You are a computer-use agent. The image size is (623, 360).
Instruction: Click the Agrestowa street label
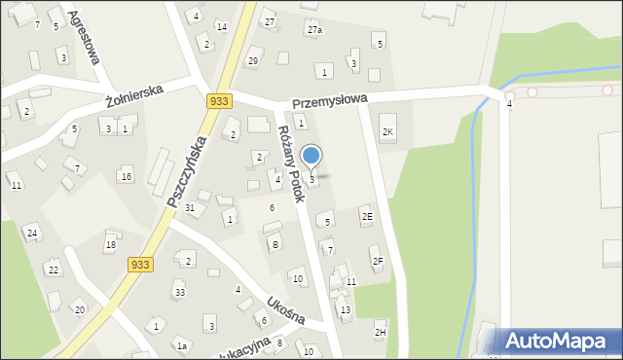(85, 38)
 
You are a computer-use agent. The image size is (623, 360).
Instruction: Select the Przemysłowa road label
(329, 99)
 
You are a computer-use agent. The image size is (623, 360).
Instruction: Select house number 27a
(314, 30)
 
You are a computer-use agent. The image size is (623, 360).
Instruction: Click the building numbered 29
(253, 61)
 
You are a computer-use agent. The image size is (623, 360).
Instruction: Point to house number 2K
(388, 131)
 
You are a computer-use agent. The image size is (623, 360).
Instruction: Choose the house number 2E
(367, 216)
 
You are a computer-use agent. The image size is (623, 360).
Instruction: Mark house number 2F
(378, 261)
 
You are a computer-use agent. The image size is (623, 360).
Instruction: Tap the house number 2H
(381, 332)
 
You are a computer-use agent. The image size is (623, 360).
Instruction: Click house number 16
(127, 176)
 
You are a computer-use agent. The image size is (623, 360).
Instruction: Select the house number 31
(191, 208)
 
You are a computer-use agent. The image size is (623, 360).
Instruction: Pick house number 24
(32, 233)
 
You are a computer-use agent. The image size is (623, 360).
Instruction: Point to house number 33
(180, 292)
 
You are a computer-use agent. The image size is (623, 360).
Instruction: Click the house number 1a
(181, 345)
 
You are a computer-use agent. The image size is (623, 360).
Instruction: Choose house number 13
(346, 309)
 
